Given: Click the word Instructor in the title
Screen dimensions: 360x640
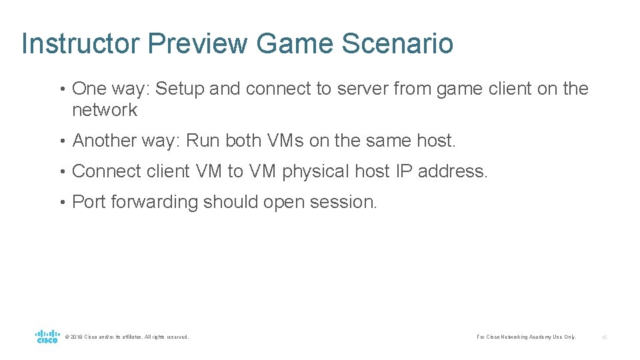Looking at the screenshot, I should click(x=81, y=44).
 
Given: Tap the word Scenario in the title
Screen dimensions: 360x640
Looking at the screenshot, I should click(x=397, y=44).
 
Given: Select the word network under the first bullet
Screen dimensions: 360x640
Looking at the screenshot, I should click(x=104, y=110).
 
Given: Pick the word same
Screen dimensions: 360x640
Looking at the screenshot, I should click(x=388, y=141).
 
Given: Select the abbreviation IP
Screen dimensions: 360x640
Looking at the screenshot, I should click(x=405, y=171).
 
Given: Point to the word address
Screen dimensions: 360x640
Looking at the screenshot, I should click(x=453, y=171).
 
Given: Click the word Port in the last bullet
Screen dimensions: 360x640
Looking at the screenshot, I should click(x=88, y=201).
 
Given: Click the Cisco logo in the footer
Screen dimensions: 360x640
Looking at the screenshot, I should click(x=47, y=336).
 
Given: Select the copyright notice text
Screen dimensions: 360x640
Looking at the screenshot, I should click(x=127, y=337).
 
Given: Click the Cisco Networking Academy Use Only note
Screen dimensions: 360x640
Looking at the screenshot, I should click(x=526, y=337).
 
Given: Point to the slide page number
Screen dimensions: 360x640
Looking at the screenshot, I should click(x=604, y=337).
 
